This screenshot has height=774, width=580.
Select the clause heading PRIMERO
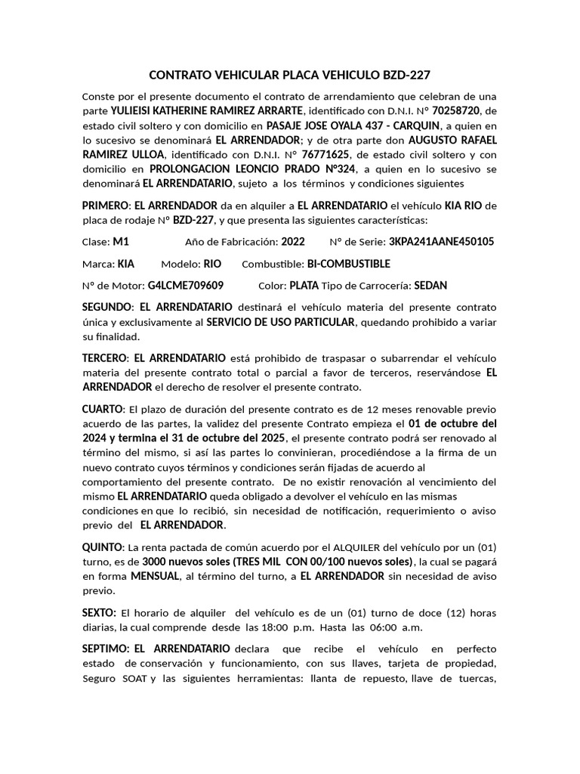coord(105,206)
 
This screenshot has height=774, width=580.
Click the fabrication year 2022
coord(293,242)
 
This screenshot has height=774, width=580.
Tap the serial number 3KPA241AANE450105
coord(441,242)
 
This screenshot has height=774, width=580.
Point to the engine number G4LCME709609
coord(185,286)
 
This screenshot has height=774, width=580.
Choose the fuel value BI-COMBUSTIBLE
coord(348,264)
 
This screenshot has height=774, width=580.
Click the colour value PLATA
coord(304,286)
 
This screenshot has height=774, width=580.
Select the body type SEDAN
coord(430,286)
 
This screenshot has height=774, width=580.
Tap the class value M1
coord(121,242)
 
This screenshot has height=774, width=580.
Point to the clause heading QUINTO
coord(102,546)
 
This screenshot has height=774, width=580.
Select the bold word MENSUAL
coord(155,576)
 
